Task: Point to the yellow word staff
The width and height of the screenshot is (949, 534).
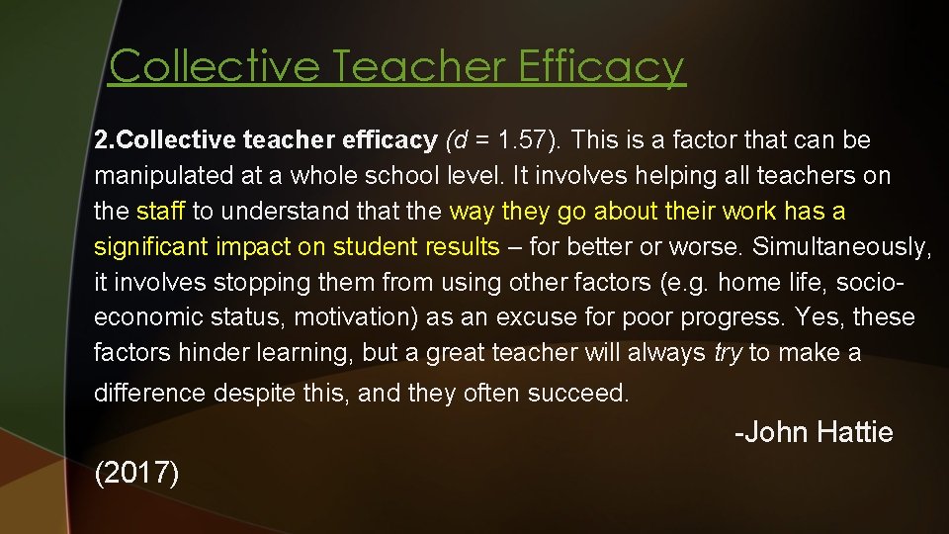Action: (x=160, y=212)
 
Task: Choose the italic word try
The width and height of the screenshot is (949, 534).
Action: (x=727, y=352)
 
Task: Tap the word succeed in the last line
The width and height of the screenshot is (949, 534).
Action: (x=578, y=394)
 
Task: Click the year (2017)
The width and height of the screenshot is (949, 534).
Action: (x=137, y=473)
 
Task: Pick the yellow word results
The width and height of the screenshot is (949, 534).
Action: (x=457, y=246)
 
